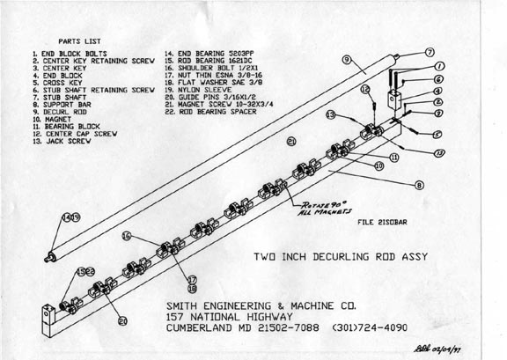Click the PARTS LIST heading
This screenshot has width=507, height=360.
point(80,40)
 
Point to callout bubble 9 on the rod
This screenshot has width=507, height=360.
point(348,59)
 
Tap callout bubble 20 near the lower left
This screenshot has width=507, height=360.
point(123,322)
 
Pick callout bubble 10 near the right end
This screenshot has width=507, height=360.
point(378,165)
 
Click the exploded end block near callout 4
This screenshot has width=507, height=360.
point(393,98)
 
